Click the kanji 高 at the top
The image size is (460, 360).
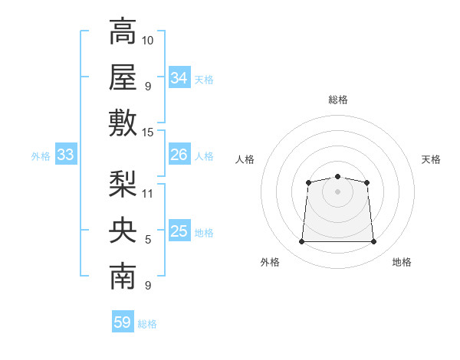tap(123, 31)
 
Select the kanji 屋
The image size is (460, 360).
tap(123, 77)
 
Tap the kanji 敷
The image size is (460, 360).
tap(123, 123)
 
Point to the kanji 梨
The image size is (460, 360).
tap(123, 184)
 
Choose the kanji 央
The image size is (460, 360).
tap(123, 230)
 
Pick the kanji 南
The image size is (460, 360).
tap(123, 276)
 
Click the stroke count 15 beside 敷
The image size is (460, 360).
tap(147, 133)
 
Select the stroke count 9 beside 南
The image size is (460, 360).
tap(148, 285)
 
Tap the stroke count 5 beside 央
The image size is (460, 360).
tap(148, 240)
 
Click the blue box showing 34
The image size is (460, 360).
tap(179, 77)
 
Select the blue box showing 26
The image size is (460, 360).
tap(179, 154)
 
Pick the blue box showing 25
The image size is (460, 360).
tap(179, 230)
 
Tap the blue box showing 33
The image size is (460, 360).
tap(66, 154)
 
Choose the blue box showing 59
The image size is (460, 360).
tap(123, 321)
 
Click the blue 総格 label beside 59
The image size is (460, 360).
tap(147, 324)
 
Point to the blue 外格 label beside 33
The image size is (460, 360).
tap(41, 156)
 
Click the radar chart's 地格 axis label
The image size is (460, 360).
tap(402, 262)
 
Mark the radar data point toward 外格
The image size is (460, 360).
tap(301, 241)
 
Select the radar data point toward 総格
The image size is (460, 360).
tap(337, 176)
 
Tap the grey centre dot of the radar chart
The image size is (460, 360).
tap(337, 191)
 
